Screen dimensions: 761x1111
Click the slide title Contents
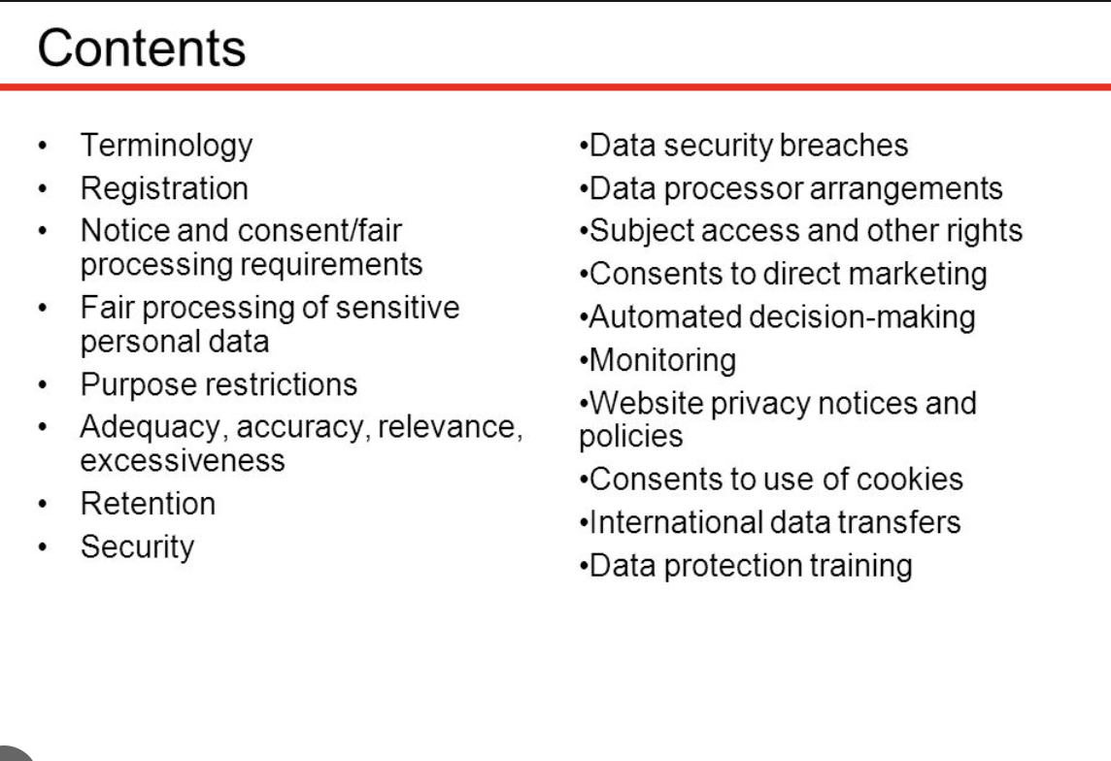[x=142, y=49]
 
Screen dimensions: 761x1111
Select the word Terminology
[x=166, y=146]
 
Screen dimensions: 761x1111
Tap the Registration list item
[x=164, y=188]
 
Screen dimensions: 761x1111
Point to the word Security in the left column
[x=137, y=546]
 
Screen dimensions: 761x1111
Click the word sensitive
[x=397, y=308]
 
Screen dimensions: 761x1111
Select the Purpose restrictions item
[x=219, y=384]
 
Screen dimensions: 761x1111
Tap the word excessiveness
[x=183, y=460]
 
